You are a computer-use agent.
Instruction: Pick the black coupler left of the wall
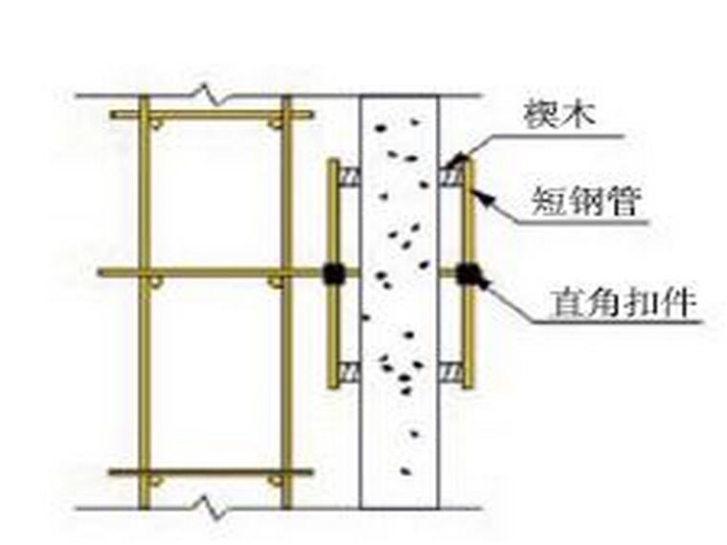pos(333,273)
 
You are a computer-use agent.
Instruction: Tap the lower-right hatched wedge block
pos(450,368)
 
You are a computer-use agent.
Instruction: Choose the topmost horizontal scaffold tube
pos(211,115)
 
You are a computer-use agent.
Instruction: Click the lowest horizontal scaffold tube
pos(211,472)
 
